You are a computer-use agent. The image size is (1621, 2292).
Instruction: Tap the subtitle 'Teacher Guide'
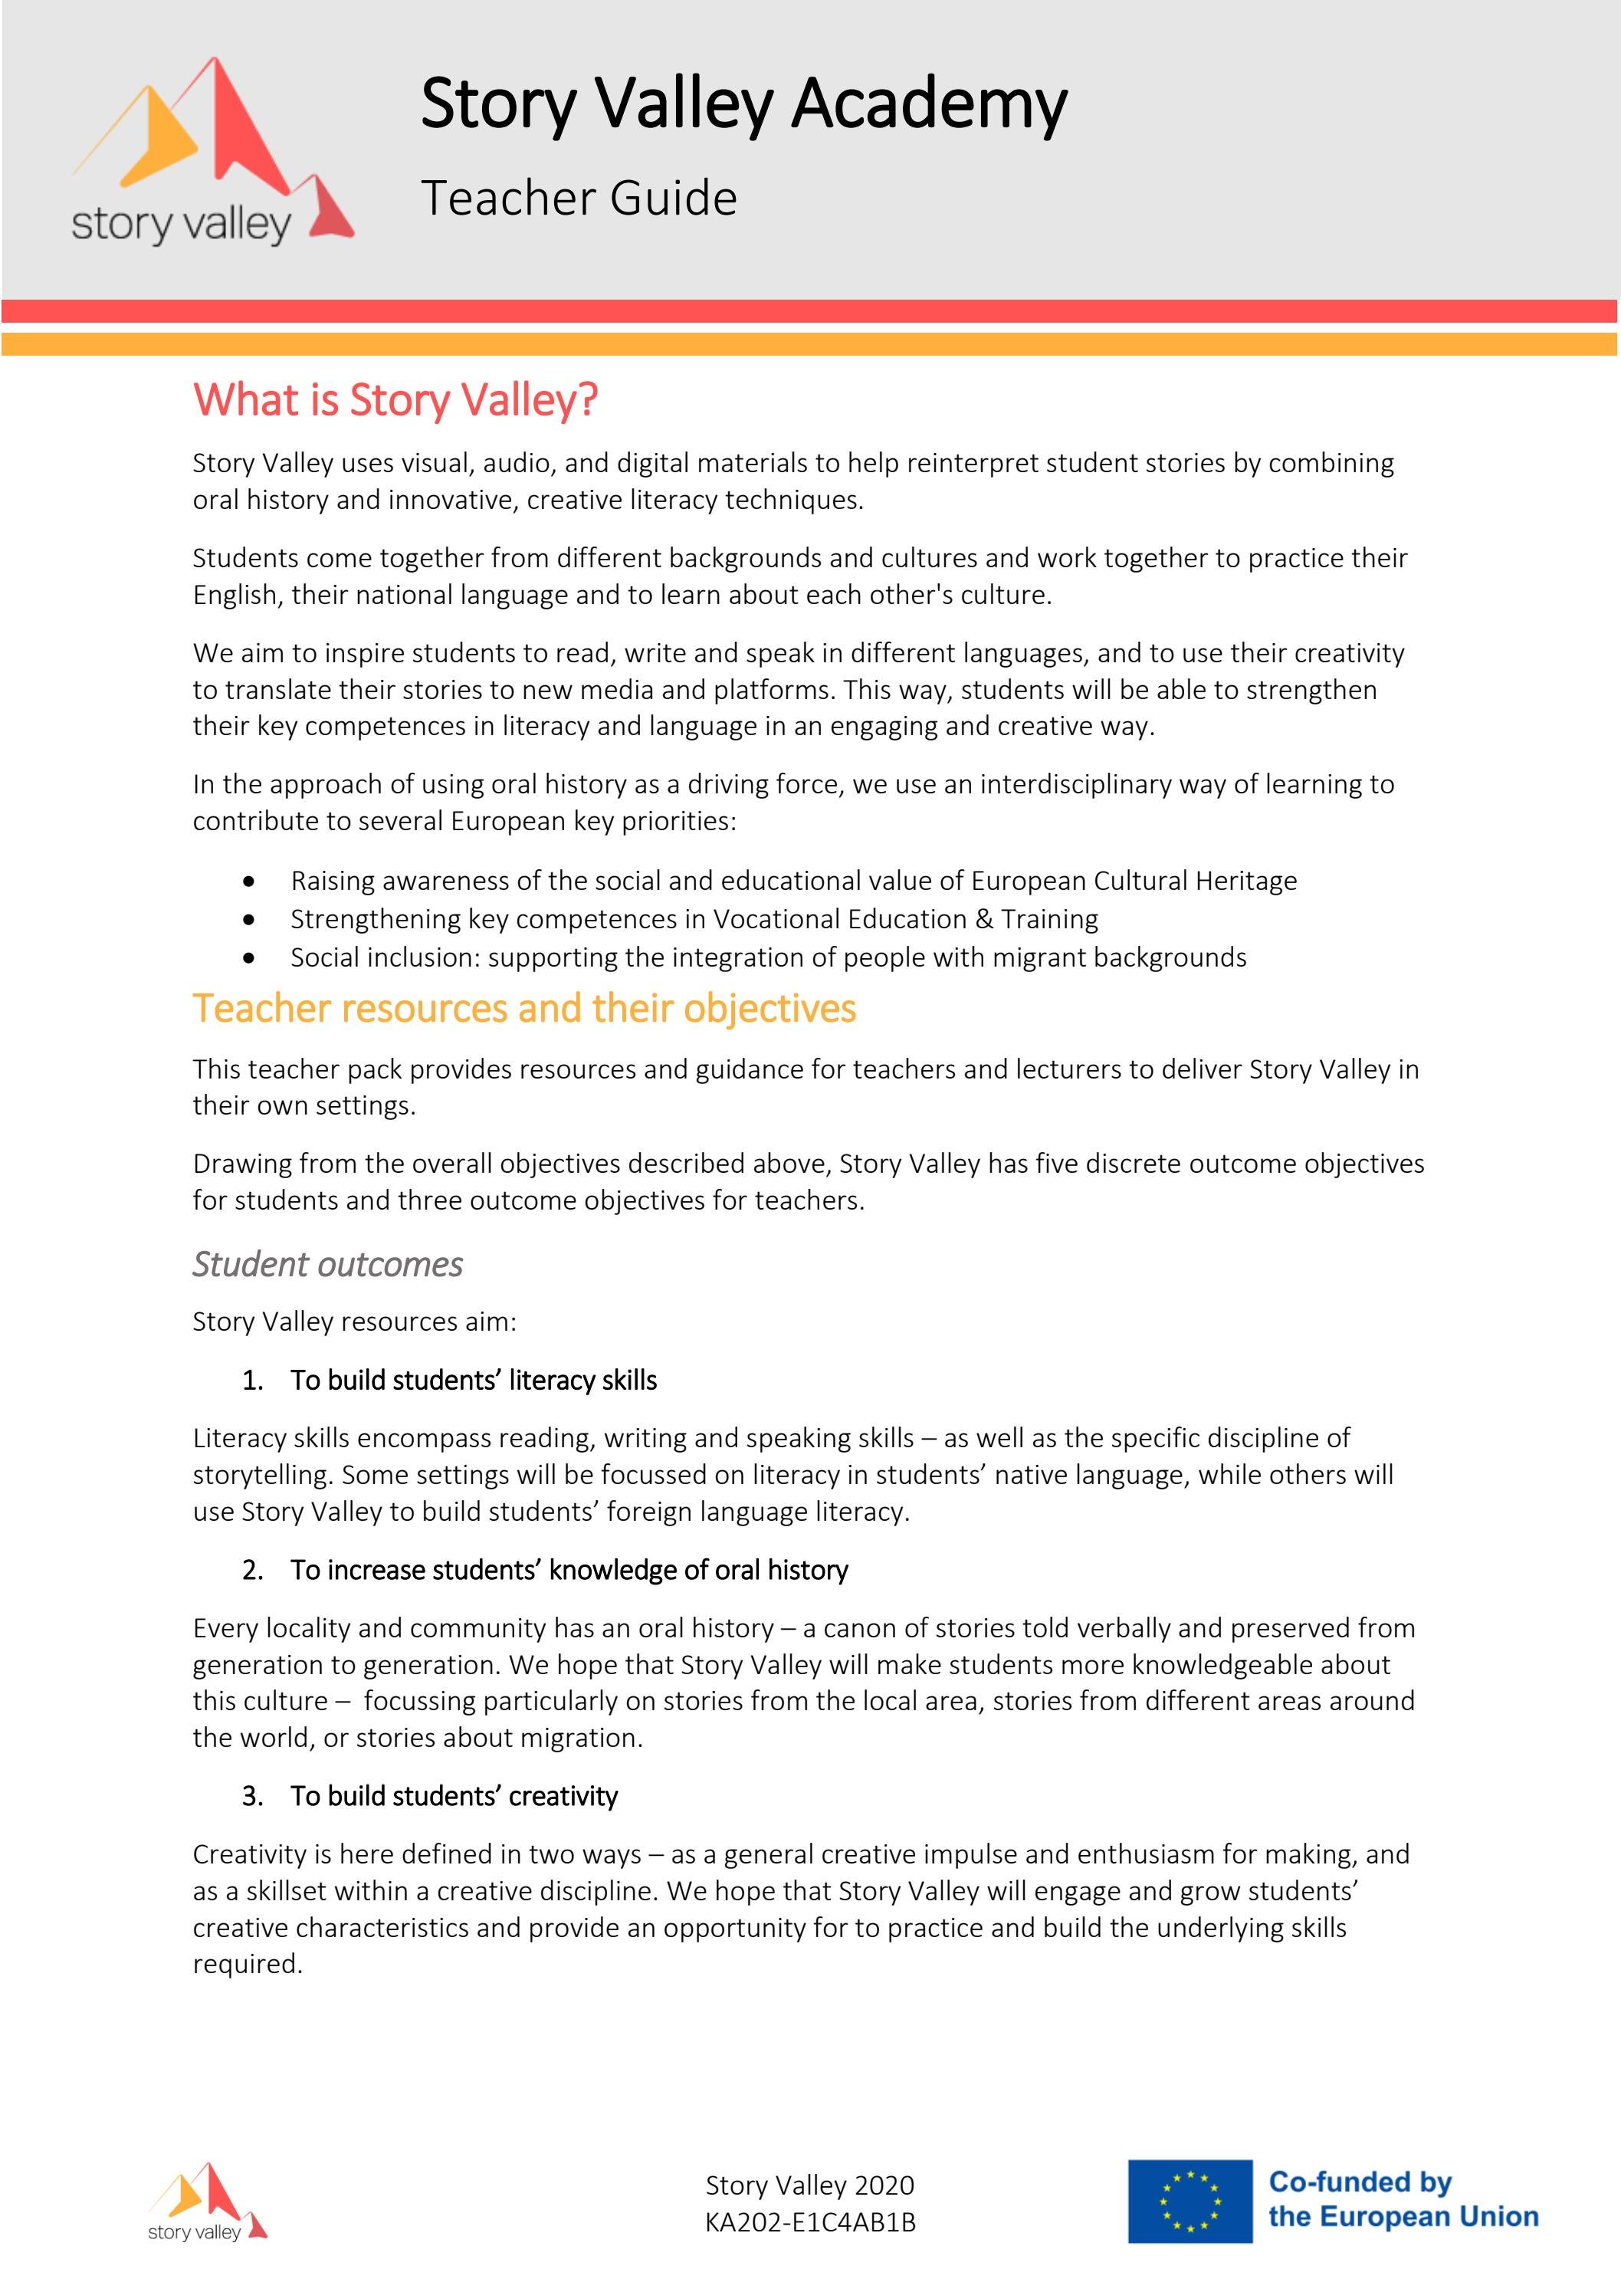click(x=579, y=198)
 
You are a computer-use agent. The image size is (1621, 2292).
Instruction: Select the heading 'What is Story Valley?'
click(x=395, y=399)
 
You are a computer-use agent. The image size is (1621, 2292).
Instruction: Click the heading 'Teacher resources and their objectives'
click(x=524, y=1008)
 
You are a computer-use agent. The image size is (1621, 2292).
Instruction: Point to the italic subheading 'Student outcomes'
click(x=327, y=1264)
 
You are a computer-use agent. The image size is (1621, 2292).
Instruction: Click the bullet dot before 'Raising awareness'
click(x=248, y=882)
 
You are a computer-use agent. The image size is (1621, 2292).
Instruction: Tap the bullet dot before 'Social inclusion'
click(x=248, y=958)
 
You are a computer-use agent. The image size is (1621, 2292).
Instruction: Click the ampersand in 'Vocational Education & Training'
click(x=984, y=918)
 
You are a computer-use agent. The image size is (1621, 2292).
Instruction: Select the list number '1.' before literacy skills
click(x=252, y=1381)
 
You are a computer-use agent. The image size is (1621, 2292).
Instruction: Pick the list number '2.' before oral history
click(x=252, y=1570)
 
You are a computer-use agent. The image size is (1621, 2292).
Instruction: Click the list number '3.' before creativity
click(x=252, y=1796)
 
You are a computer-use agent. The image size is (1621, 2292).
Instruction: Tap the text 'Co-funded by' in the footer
click(x=1360, y=2182)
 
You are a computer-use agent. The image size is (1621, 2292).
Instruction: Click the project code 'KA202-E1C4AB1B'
click(x=809, y=2222)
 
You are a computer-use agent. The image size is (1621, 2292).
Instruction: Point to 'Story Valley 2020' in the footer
click(x=809, y=2185)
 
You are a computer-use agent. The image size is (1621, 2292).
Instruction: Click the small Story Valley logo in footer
click(x=208, y=2202)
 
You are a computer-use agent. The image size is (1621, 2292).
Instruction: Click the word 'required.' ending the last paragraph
click(x=248, y=1965)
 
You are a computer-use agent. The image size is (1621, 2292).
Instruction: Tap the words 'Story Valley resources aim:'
click(x=354, y=1322)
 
